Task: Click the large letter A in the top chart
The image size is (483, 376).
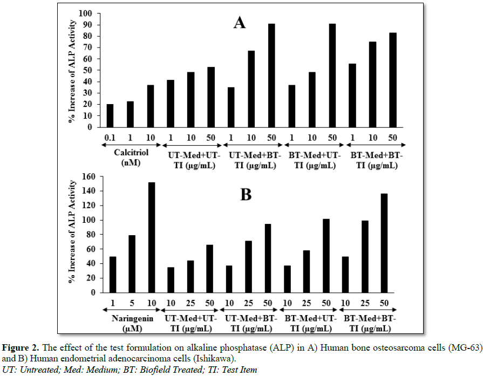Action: [x=239, y=23]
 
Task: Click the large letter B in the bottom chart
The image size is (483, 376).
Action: [x=246, y=194]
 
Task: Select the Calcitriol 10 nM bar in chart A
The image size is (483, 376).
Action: [x=151, y=106]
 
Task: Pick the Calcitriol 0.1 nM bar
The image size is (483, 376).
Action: [x=110, y=116]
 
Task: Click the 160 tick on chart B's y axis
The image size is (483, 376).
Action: [x=87, y=176]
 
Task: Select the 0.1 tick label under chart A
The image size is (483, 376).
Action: [x=110, y=136]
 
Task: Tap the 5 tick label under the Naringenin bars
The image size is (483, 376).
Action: [x=132, y=302]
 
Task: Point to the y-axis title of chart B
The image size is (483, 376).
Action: [x=71, y=235]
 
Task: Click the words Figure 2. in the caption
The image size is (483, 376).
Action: [x=22, y=347]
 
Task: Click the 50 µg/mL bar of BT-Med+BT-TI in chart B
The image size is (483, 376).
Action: [x=384, y=243]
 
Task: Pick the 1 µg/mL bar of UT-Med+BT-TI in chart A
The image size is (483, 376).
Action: [x=231, y=107]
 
